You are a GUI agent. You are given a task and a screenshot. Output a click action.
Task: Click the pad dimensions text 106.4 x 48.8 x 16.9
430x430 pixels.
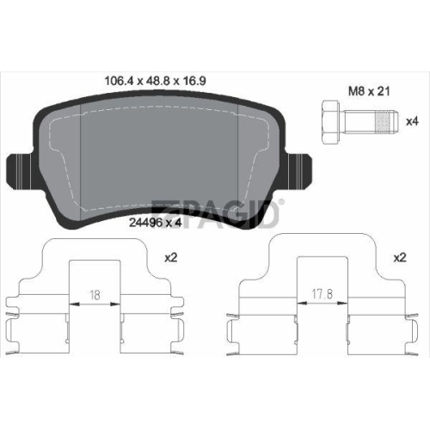[x=155, y=81]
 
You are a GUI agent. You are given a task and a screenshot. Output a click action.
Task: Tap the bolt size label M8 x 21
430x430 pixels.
[x=369, y=91]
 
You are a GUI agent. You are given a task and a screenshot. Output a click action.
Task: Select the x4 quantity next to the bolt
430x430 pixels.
[x=412, y=121]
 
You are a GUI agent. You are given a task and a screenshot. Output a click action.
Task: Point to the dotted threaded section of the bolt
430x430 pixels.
[x=384, y=122]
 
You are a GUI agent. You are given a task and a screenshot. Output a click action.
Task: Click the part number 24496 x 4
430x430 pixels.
[x=156, y=223]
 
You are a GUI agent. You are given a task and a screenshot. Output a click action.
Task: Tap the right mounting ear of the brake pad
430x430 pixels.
[x=298, y=171]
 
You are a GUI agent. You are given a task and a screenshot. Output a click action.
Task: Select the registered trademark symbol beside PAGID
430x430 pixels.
[x=281, y=202]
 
